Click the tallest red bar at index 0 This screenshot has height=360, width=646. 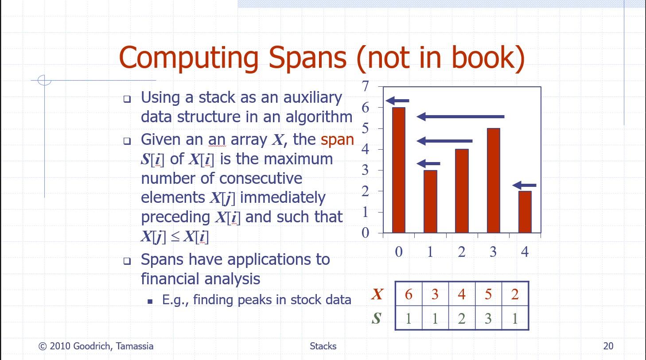pyautogui.click(x=399, y=170)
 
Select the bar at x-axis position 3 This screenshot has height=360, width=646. pyautogui.click(x=493, y=180)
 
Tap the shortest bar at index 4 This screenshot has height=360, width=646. pyautogui.click(x=525, y=212)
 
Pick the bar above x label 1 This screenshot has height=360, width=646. pyautogui.click(x=430, y=201)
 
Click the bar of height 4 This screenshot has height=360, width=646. pyautogui.click(x=462, y=191)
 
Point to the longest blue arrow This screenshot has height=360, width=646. pyautogui.click(x=461, y=116)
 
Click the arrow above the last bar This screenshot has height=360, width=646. pyautogui.click(x=525, y=185)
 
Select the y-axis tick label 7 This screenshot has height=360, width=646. pyautogui.click(x=366, y=86)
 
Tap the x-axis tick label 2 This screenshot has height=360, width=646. pyautogui.click(x=462, y=252)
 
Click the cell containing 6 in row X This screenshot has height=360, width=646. pyautogui.click(x=409, y=294)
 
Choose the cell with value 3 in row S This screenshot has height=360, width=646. pyautogui.click(x=488, y=318)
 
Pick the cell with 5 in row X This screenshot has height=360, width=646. pyautogui.click(x=488, y=294)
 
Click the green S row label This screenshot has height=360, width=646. pyautogui.click(x=377, y=318)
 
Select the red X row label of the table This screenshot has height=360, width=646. pyautogui.click(x=377, y=294)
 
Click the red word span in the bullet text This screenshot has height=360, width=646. pyautogui.click(x=337, y=140)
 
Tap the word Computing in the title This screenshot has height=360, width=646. pyautogui.click(x=189, y=58)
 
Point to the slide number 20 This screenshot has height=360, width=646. pyautogui.click(x=608, y=346)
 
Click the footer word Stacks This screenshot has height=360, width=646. pyautogui.click(x=323, y=346)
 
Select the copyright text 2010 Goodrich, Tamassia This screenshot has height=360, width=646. pyautogui.click(x=96, y=346)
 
